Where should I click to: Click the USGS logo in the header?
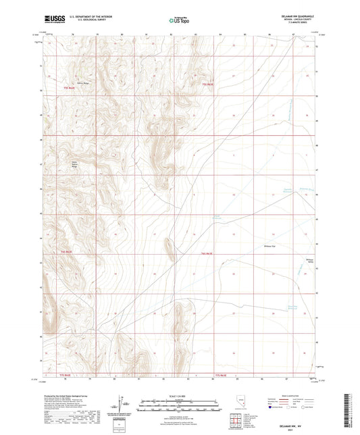click(x=53, y=19)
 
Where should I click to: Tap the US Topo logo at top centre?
click(x=176, y=20)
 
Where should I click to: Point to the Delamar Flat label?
click(x=267, y=247)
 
